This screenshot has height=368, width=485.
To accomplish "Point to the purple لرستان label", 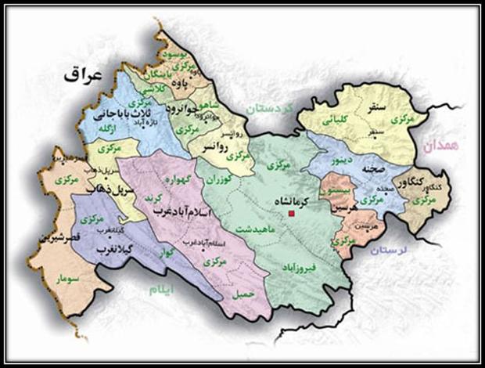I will pos(391,250).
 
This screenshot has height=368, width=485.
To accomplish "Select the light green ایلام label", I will pos(174,290).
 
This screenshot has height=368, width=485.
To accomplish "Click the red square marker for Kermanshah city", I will pos(292,213).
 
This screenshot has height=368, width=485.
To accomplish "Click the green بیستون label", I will pos(336,189).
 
